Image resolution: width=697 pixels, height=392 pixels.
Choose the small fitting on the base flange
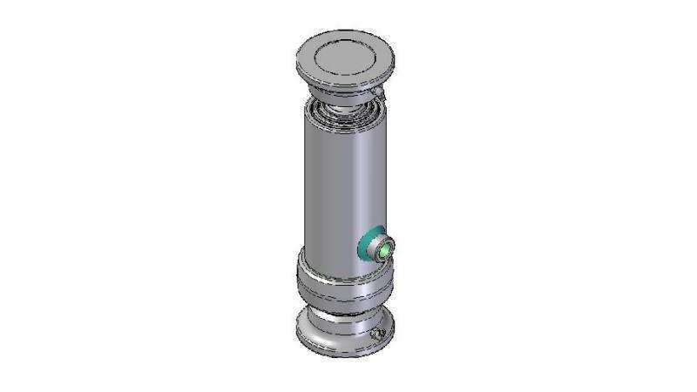376,335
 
